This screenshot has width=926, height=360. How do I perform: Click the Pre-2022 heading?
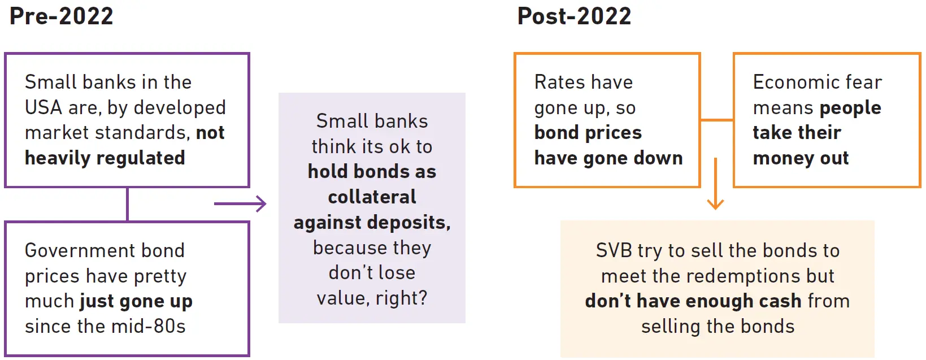61,16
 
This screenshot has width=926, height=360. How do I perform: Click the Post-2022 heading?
574,16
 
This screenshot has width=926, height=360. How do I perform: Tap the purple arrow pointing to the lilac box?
240,203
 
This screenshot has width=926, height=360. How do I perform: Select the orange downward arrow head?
715,204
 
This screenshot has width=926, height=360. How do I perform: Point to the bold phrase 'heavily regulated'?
105,158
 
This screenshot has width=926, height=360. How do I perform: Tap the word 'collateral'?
372,197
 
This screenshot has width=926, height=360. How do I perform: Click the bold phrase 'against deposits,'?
372,223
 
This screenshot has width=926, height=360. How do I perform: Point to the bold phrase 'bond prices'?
588,133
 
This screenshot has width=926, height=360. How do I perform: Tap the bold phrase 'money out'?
801,158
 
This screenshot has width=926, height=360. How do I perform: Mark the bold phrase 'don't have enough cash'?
693,301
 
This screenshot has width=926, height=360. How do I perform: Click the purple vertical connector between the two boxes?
127,204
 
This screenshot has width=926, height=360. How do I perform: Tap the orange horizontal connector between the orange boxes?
717,120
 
